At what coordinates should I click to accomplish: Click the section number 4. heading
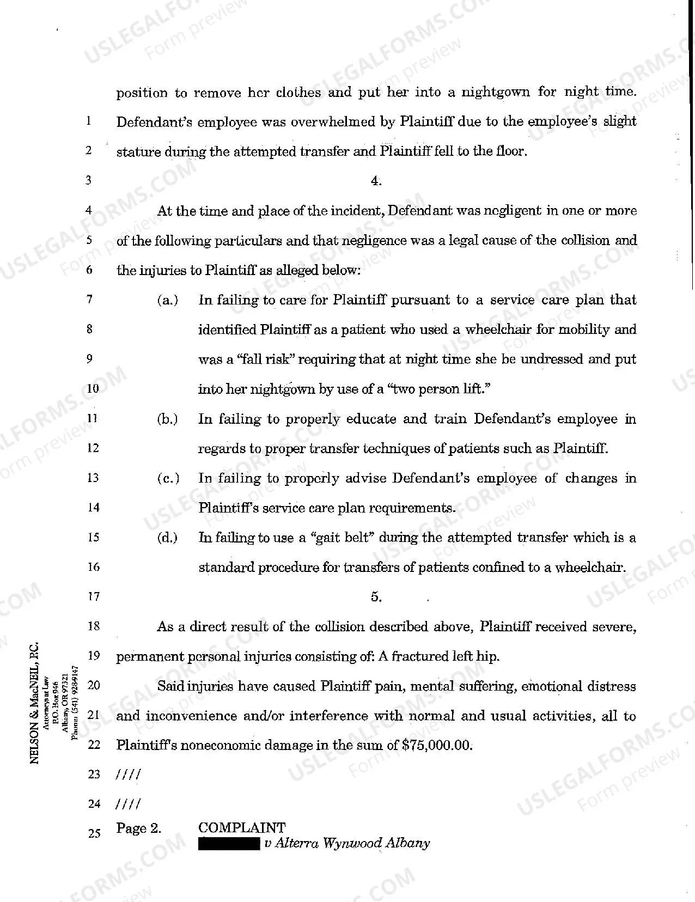coord(376,181)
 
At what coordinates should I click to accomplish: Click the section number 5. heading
coord(376,597)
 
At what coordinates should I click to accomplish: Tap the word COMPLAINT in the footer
coord(241,828)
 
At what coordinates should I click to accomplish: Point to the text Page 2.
coord(139,828)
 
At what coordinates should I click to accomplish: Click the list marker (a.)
coord(167,300)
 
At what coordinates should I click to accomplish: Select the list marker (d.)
coord(167,538)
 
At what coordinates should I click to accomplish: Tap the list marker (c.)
coord(167,479)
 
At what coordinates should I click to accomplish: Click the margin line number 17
coord(94,597)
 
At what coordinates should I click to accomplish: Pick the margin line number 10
coord(93,389)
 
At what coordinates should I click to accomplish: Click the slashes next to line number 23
coord(129,775)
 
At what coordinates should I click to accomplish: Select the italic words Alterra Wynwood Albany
coord(352,844)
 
